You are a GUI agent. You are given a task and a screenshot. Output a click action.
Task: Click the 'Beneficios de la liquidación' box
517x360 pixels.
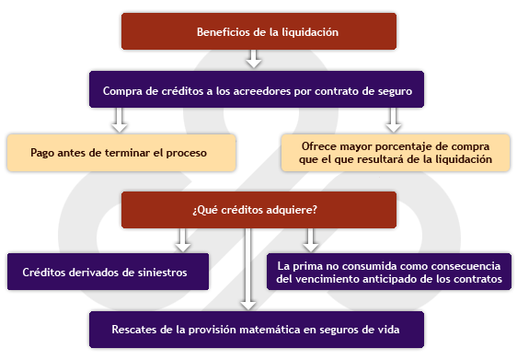(258, 31)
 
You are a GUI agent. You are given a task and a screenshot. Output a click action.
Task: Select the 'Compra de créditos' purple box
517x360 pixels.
(257, 89)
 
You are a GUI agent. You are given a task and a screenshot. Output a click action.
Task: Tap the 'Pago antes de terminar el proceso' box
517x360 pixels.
(121, 153)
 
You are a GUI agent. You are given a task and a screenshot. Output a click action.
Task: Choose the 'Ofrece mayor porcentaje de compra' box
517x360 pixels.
(396, 153)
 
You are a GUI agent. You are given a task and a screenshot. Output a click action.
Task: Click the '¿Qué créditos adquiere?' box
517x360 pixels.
(258, 210)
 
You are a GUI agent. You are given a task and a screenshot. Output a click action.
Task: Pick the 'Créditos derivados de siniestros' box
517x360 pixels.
(108, 272)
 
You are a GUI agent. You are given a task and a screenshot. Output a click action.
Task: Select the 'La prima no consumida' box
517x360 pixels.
(389, 272)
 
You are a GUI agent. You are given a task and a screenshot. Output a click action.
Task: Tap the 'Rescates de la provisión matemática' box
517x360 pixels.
(257, 330)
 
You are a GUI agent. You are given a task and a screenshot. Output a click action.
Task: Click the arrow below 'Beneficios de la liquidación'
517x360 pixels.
(254, 59)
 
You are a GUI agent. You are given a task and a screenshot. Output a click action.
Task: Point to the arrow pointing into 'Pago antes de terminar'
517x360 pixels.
(120, 121)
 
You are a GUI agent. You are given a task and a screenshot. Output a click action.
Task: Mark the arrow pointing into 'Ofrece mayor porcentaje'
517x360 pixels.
(394, 121)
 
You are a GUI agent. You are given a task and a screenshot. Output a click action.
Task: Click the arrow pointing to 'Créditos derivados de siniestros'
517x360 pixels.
(183, 240)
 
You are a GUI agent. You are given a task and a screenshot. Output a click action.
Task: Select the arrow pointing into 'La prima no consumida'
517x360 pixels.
(311, 240)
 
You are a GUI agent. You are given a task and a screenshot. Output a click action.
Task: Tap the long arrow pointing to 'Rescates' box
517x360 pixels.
(248, 269)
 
